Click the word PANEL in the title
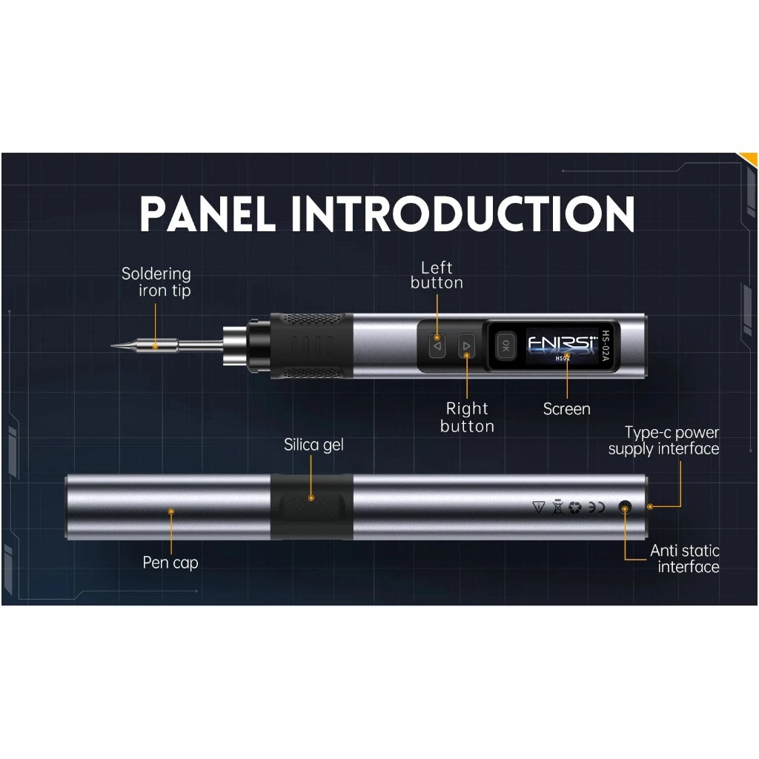click(208, 213)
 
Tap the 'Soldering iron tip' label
click(156, 282)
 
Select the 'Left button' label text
click(437, 275)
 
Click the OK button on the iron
click(506, 345)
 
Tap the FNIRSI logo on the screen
click(563, 342)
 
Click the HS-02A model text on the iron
click(605, 346)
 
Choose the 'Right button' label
click(467, 417)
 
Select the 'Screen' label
click(566, 409)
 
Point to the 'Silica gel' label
click(314, 445)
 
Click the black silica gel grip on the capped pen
click(312, 507)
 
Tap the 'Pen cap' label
click(170, 563)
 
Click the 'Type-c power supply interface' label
click(663, 440)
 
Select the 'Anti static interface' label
click(684, 559)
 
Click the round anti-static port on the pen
click(625, 508)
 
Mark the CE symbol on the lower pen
click(597, 507)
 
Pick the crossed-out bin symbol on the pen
click(557, 507)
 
